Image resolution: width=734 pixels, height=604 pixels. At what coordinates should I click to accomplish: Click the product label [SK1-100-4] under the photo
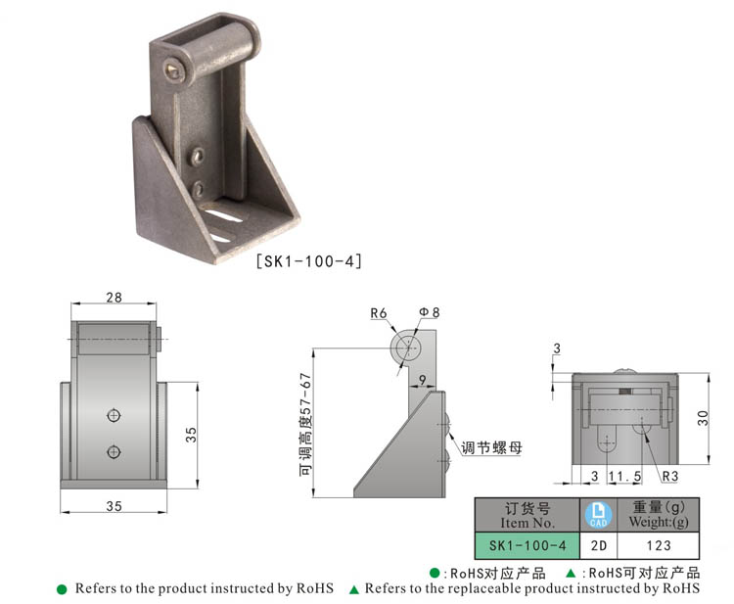pyautogui.click(x=309, y=261)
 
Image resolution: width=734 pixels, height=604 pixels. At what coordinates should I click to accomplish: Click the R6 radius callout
pyautogui.click(x=379, y=313)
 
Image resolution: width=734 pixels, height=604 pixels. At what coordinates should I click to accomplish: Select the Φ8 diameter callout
pyautogui.click(x=430, y=312)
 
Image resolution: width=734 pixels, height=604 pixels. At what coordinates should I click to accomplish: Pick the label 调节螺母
pyautogui.click(x=491, y=447)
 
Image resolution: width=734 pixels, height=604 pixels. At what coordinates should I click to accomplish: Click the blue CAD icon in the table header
pyautogui.click(x=595, y=514)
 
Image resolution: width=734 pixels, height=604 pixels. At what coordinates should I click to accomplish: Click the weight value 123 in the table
pyautogui.click(x=660, y=545)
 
